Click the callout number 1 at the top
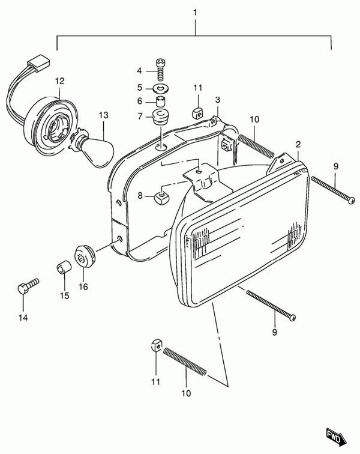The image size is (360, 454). [194, 12]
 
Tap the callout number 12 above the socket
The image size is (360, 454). [59, 80]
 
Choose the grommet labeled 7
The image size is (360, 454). [160, 115]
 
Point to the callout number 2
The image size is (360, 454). [297, 145]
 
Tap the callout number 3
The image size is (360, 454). [218, 100]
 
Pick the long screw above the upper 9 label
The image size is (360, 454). [333, 190]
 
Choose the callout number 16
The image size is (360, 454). [83, 286]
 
